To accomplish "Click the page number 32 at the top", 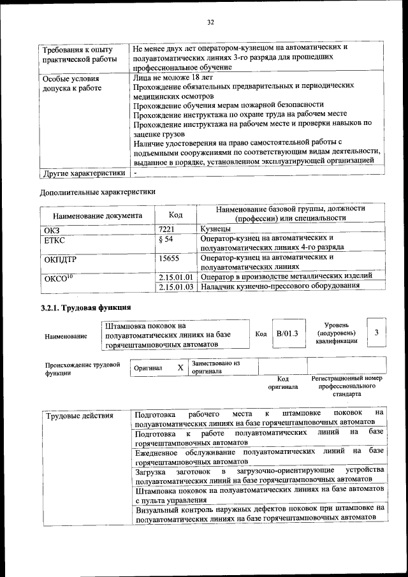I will click(210, 23).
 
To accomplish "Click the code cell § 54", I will click(164, 239).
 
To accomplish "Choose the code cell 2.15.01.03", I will click(175, 286).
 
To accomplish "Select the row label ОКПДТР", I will click(61, 258).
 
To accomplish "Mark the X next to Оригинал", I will click(180, 368).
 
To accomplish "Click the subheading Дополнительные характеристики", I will click(98, 191).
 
